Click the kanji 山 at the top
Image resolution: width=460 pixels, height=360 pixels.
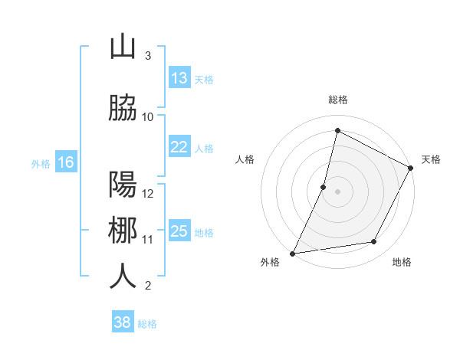pos(123,47)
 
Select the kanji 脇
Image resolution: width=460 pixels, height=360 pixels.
pos(123,108)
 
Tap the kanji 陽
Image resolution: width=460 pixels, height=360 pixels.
pos(123,185)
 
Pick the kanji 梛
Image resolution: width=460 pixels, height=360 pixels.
pos(123,231)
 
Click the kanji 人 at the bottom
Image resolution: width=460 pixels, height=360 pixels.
pos(123,277)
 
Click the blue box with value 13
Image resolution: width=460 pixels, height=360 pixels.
pos(179,78)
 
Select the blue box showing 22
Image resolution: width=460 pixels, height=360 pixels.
pos(179,147)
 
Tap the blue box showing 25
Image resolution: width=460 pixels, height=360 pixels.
pos(179,231)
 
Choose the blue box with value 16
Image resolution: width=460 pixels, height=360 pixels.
pos(65,162)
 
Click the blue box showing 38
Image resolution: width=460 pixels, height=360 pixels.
pos(122,322)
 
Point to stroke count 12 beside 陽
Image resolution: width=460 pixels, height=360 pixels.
pos(148,193)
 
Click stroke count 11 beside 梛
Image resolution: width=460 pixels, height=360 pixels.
pos(148,239)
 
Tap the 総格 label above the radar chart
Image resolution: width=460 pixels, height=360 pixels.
pos(337,100)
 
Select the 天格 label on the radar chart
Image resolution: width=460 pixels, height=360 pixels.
pos(431,159)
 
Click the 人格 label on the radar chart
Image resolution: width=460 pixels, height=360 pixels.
pos(245,159)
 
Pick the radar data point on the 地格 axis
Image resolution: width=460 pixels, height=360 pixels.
pos(374,242)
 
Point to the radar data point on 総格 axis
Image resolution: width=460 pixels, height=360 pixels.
pos(337,130)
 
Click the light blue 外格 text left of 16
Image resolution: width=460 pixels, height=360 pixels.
pos(40,163)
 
